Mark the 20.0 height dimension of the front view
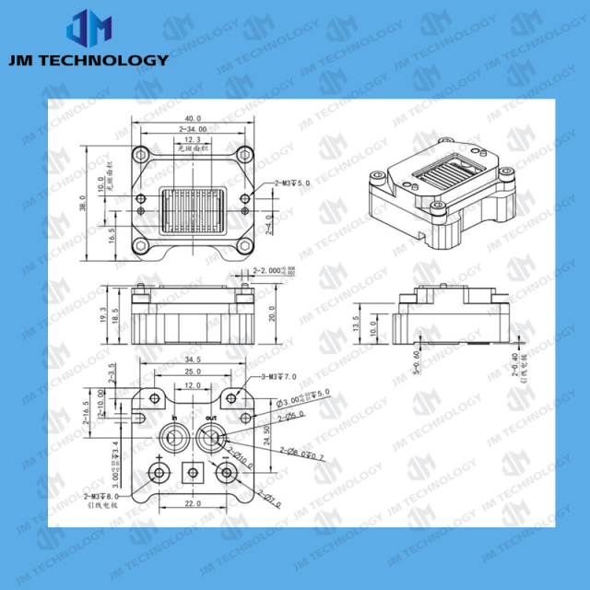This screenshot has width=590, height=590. [x=271, y=313]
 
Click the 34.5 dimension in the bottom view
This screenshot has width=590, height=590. [x=194, y=359]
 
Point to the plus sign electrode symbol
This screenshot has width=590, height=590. [x=159, y=458]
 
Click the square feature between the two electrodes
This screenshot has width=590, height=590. [x=193, y=474]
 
